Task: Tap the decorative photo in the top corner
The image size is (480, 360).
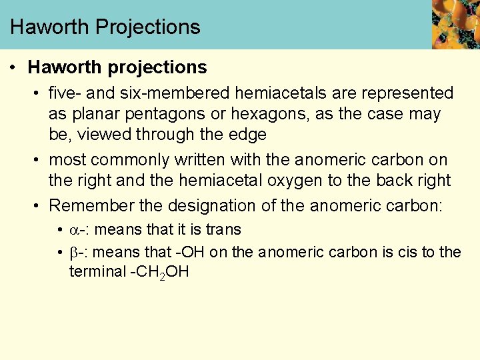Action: coord(455,24)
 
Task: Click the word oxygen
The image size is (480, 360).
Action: coord(308,181)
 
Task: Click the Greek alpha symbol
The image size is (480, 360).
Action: coord(73,230)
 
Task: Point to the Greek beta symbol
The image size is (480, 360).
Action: coord(73,253)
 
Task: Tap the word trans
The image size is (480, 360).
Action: coord(223,230)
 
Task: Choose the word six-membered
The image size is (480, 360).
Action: coord(161,93)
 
